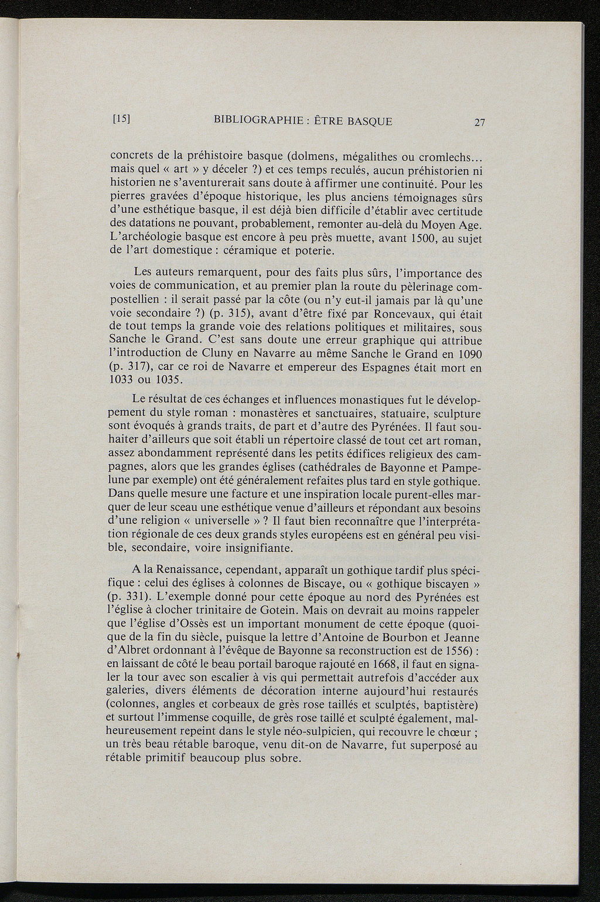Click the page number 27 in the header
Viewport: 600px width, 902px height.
(x=480, y=122)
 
